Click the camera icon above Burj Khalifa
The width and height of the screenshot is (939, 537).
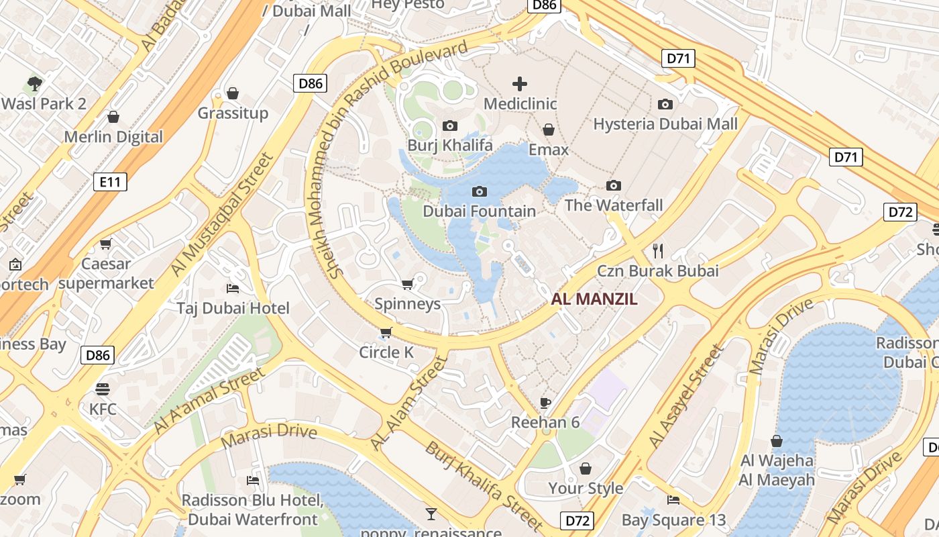tap(450, 126)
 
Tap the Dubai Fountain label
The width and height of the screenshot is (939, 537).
tap(479, 211)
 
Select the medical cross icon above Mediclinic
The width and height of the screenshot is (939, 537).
tap(520, 84)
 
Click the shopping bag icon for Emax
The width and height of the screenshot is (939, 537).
tap(549, 130)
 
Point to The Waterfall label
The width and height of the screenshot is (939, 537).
tap(614, 205)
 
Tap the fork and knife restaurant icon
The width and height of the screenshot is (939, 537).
tap(658, 251)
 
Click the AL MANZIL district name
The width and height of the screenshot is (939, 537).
tap(594, 299)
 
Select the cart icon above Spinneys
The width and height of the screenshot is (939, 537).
tap(407, 285)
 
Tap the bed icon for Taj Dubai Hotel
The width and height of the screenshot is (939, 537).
tap(233, 289)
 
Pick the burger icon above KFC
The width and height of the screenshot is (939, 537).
tap(103, 389)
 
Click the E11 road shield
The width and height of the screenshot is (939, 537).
tap(109, 181)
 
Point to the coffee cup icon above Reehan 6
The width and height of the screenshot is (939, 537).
tap(545, 403)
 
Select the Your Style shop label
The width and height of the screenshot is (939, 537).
tap(586, 488)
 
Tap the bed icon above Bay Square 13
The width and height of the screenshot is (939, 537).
tap(673, 499)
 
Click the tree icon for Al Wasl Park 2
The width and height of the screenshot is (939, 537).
tap(35, 84)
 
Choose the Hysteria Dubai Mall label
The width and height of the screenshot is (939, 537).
tap(665, 124)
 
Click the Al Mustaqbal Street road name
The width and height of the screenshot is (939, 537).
tap(223, 213)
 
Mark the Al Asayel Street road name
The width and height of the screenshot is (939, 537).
tap(686, 397)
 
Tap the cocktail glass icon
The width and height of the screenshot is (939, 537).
tap(431, 514)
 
